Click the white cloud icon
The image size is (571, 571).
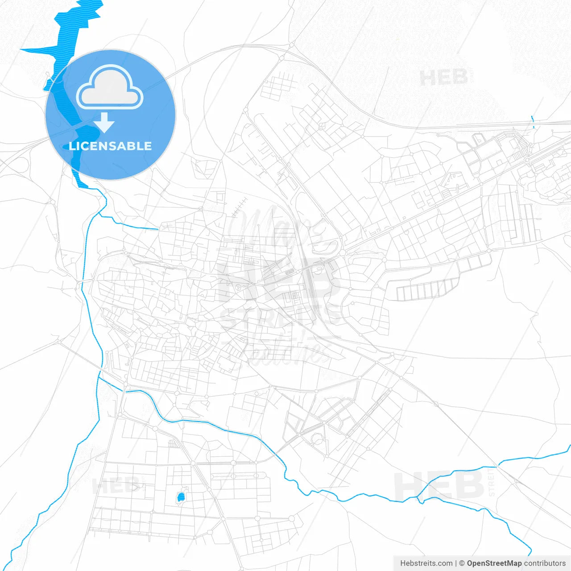[x=110, y=87]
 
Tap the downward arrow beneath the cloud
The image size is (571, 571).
[x=104, y=123]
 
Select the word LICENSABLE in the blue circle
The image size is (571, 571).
[x=110, y=146]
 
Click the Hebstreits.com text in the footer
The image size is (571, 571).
[x=426, y=563]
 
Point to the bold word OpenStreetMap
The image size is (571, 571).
[x=494, y=563]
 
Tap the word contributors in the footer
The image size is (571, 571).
[x=545, y=563]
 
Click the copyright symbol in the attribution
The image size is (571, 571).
[x=462, y=563]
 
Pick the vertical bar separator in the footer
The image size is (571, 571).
[x=456, y=563]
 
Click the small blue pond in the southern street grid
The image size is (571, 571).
[x=181, y=497]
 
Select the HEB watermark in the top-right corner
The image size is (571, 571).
[x=443, y=78]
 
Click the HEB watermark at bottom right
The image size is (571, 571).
[x=439, y=485]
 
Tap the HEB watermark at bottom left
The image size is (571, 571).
[x=115, y=485]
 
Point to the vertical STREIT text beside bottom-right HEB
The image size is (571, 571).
[x=492, y=482]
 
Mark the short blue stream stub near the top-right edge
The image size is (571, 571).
[x=533, y=121]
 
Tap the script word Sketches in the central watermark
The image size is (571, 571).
[x=285, y=352]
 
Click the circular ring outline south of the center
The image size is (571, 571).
[x=319, y=439]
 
